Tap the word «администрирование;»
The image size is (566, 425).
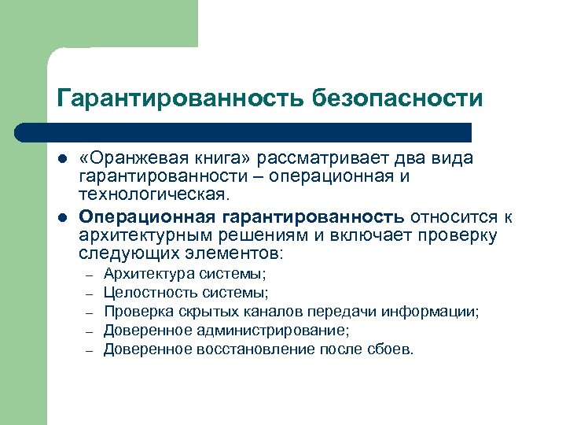pyautogui.click(x=265, y=331)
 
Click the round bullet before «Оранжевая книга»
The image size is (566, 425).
pyautogui.click(x=63, y=159)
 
